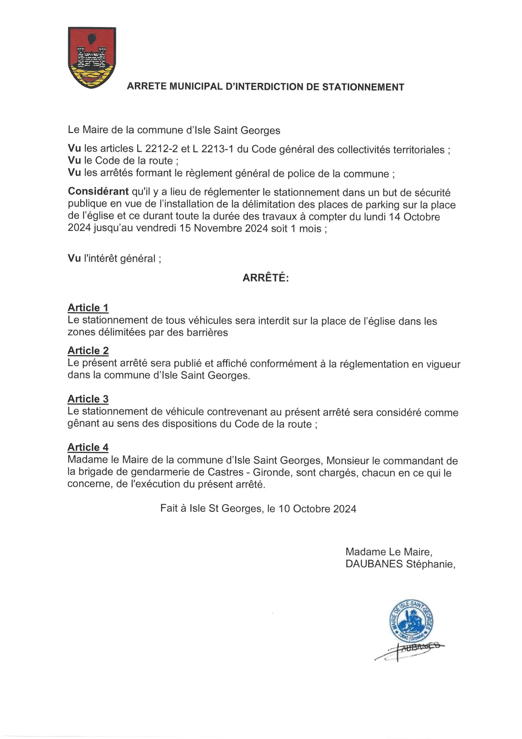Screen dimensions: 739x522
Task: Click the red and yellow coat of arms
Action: [92, 57]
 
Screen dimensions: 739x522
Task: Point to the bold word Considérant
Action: [98, 192]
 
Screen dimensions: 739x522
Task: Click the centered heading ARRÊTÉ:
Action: [266, 278]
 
